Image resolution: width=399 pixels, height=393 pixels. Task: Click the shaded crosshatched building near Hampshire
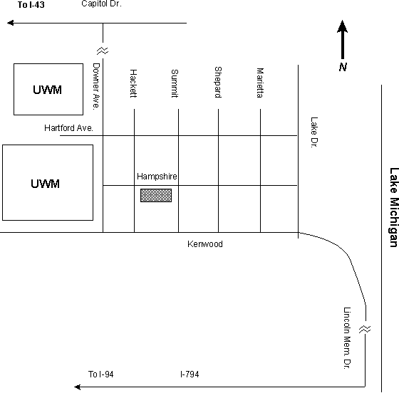click(156, 196)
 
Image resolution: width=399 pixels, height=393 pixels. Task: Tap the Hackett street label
click(134, 83)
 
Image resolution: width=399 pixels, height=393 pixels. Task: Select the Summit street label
click(175, 83)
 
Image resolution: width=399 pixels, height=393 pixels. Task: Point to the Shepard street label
click(218, 82)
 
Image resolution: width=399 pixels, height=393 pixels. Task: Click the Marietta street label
click(260, 83)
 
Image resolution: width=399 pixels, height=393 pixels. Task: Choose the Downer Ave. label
click(96, 86)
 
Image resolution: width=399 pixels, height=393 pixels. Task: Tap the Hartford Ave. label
click(68, 128)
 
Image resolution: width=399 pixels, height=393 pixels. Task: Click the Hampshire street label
click(157, 176)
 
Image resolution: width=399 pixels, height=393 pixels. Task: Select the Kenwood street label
click(205, 244)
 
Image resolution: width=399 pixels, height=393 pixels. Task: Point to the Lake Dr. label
click(314, 132)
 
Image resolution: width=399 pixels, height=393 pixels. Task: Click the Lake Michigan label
click(393, 207)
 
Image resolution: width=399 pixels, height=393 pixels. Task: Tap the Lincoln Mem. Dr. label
click(347, 338)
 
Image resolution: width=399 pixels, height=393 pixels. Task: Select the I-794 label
click(190, 374)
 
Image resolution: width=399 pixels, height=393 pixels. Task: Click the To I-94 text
click(100, 374)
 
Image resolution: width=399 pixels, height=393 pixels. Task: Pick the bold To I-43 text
click(31, 5)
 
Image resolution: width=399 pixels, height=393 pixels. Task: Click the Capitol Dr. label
click(101, 4)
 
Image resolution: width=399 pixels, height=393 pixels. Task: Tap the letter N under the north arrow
click(343, 67)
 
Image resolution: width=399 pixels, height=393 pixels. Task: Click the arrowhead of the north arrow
click(343, 26)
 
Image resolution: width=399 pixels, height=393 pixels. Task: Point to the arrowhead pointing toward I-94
click(78, 387)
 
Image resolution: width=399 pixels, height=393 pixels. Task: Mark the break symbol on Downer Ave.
click(103, 51)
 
